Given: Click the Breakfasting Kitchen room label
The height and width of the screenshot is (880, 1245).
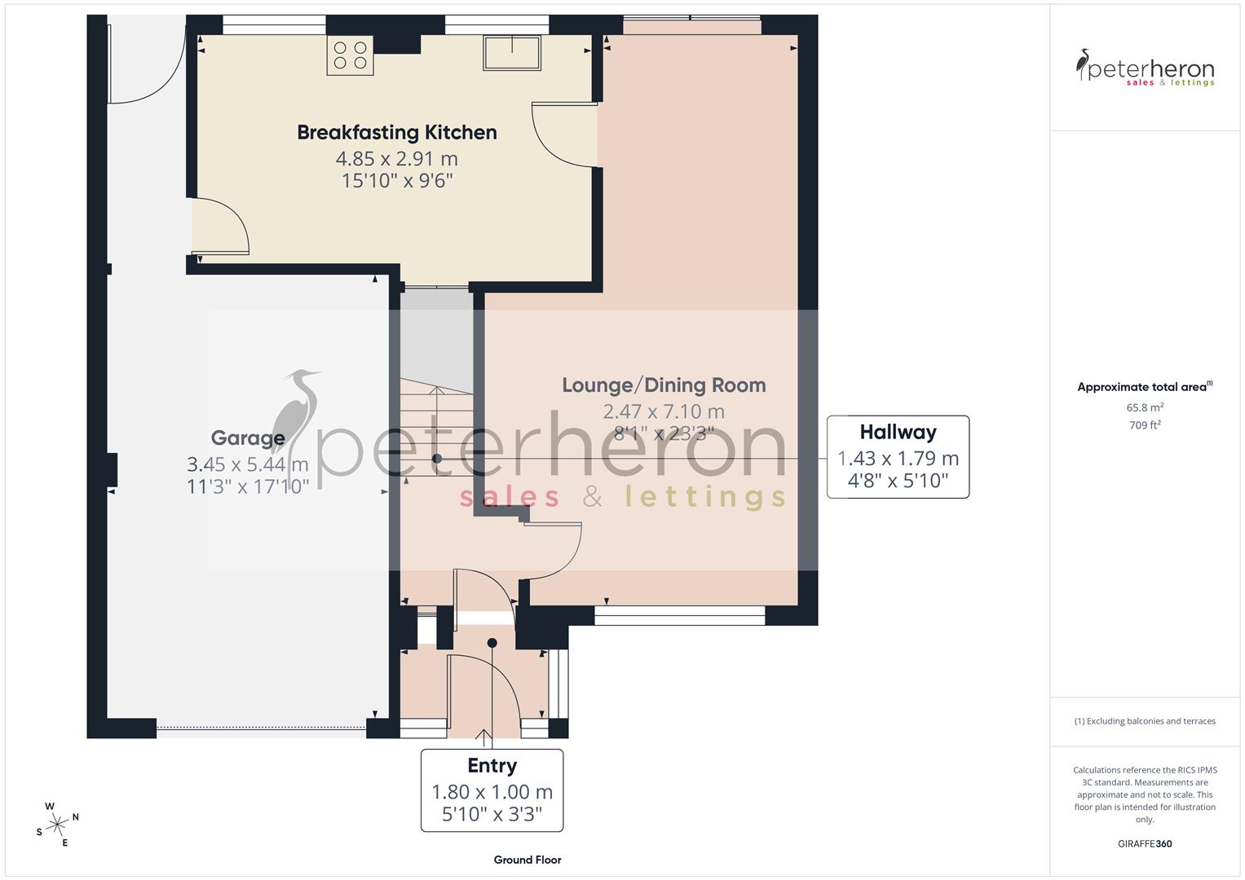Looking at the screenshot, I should pos(396,132).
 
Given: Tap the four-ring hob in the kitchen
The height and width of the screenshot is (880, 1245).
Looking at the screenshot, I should pos(350,55).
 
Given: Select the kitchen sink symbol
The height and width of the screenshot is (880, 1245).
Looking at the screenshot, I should pos(511,54).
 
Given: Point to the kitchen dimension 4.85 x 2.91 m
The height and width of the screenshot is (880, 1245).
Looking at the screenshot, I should pos(396,158).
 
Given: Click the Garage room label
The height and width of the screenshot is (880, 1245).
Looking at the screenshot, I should pos(248,438).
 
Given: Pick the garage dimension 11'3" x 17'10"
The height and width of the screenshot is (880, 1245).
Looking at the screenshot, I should pos(248,487).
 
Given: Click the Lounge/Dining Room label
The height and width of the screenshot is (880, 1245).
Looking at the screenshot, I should pos(664,385).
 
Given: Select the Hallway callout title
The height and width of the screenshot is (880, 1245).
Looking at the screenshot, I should pos(898,433).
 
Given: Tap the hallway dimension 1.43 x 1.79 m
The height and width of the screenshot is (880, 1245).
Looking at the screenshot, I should pos(898,459).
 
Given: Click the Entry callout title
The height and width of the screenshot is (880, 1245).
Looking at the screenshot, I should pos(492,766).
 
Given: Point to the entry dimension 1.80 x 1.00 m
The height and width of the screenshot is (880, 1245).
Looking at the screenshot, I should pos(492,792).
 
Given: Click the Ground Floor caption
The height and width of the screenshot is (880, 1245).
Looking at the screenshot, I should pos(528,860).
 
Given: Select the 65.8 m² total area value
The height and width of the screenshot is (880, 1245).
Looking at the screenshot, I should pos(1145,407).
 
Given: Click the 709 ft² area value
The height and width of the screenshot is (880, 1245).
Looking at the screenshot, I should pos(1145,425).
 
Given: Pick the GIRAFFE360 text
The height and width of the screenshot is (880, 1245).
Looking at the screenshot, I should pos(1145,843).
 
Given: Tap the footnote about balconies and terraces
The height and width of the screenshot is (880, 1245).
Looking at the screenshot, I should pos(1145,721).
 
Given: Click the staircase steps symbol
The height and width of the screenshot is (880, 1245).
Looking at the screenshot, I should pos(436,428).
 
